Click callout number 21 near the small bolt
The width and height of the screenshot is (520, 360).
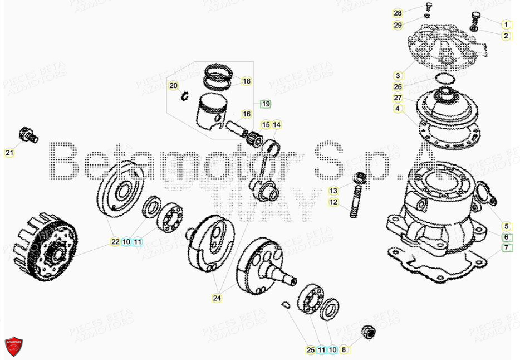click(x=9, y=153)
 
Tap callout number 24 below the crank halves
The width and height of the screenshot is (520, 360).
click(x=217, y=299)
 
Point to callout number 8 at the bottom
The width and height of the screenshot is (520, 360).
click(x=344, y=350)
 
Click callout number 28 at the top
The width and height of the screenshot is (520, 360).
click(x=413, y=13)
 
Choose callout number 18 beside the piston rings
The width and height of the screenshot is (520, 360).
click(x=247, y=81)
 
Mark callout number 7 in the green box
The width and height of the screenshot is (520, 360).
click(x=506, y=247)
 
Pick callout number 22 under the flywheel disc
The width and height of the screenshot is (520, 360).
click(x=115, y=242)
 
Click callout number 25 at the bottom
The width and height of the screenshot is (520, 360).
click(x=310, y=350)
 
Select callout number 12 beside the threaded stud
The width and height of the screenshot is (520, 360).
click(x=333, y=202)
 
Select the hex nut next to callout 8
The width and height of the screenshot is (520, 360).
click(x=367, y=333)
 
